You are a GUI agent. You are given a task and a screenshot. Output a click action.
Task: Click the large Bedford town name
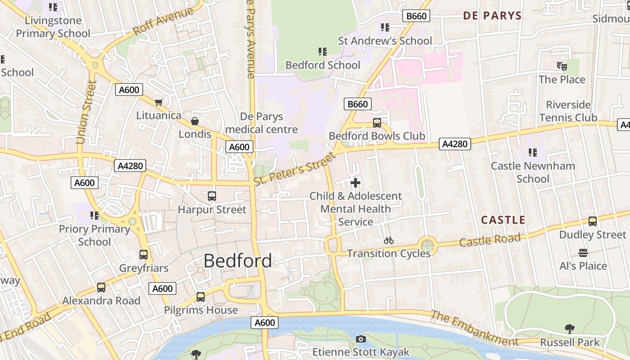[x=238, y=261]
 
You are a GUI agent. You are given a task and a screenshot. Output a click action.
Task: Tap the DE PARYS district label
[x=492, y=16]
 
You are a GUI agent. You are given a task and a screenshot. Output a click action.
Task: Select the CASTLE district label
[x=503, y=220]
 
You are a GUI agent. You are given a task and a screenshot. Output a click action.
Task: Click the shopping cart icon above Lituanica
[x=158, y=103]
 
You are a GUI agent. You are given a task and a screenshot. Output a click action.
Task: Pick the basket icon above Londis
[x=195, y=121]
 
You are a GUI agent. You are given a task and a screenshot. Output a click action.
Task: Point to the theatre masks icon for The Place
[x=562, y=66]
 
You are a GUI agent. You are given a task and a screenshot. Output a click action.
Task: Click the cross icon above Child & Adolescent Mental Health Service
[x=355, y=183]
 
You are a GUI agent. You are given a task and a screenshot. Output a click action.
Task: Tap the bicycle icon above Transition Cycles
[x=389, y=240]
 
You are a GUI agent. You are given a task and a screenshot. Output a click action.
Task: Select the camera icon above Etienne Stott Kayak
[x=361, y=339]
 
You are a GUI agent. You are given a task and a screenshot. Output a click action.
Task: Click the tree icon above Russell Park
[x=570, y=329]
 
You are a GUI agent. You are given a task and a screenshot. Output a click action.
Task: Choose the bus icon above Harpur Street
[x=212, y=196]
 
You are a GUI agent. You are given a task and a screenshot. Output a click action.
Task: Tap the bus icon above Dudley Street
[x=593, y=221]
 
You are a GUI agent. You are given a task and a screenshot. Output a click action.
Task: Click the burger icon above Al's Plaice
[x=583, y=252]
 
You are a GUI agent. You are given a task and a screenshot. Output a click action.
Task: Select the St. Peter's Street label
[x=295, y=169]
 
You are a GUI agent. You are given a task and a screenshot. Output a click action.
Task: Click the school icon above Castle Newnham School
[x=533, y=153]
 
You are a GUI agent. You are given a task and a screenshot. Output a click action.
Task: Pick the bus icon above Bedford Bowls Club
[x=377, y=122]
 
